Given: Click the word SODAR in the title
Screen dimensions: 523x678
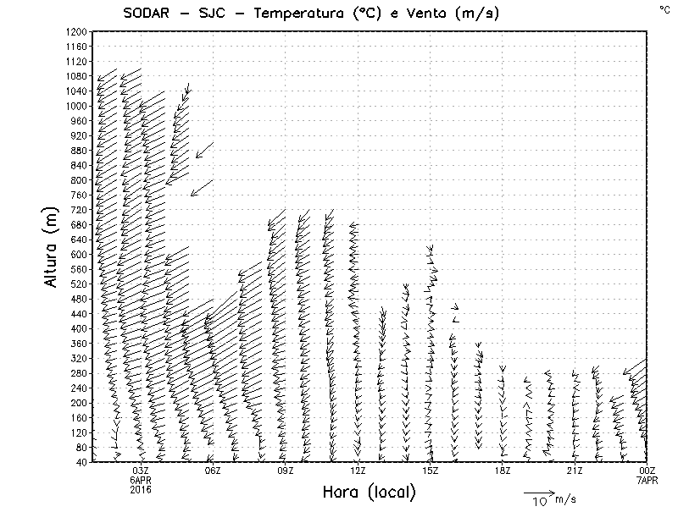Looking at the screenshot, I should coord(142,14).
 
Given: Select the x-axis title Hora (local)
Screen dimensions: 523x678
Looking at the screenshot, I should coord(369,493).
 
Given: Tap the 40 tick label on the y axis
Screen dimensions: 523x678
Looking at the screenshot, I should coord(82,462).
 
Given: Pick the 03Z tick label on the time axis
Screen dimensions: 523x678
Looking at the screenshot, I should coord(141,471).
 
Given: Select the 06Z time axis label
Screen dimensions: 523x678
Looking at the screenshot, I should coord(213,471).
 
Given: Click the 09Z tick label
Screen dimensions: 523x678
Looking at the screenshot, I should coord(285,471).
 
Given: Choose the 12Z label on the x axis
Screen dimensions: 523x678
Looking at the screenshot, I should coord(358,471).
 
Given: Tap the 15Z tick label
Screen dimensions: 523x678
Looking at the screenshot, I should coord(430,471).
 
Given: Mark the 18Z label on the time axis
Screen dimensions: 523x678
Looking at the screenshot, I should coord(502,471).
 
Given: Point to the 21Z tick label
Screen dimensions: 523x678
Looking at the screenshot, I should coord(574,471).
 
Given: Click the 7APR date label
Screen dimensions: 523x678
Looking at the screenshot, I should coord(647,479).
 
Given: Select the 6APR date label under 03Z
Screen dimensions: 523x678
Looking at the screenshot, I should coord(141,479).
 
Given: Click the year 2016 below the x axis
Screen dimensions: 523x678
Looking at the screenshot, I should coord(141,488).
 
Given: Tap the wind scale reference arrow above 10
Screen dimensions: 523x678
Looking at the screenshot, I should coord(538,492).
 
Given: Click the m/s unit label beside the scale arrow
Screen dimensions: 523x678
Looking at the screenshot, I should coord(564,500).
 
